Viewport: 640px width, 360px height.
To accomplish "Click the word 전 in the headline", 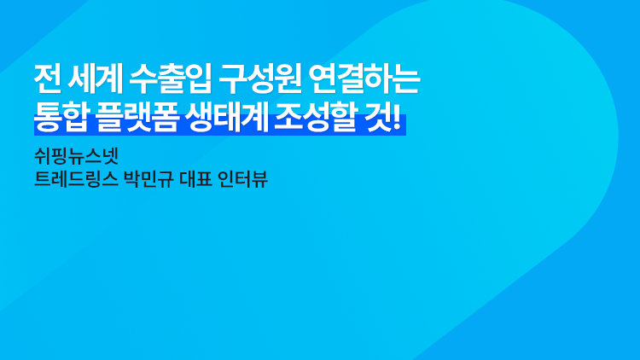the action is (x=48, y=78).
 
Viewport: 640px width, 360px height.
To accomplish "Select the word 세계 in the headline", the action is (x=95, y=78).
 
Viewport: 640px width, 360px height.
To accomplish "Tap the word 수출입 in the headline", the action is (x=171, y=78).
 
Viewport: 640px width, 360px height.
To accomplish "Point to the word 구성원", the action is (x=260, y=78).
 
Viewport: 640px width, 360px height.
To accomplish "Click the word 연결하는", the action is (x=364, y=78).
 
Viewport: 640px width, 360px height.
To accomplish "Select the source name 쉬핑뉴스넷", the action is (x=76, y=155).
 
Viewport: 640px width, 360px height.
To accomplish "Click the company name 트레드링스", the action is (x=76, y=179).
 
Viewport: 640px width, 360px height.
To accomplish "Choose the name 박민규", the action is (x=148, y=179).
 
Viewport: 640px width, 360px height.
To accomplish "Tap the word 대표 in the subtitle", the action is (x=195, y=179).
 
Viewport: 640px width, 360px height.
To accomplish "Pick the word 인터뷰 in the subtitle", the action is (x=242, y=179).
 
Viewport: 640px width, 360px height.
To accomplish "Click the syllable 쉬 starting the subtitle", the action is (x=43, y=155).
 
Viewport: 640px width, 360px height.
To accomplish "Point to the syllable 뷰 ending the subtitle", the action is (x=259, y=179).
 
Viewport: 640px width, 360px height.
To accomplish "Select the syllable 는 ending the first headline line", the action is (x=407, y=78).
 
